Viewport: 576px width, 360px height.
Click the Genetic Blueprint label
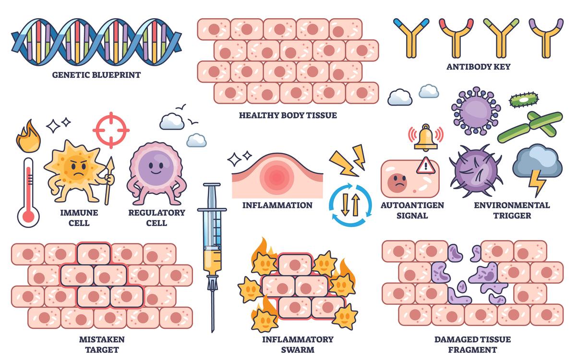[96, 75]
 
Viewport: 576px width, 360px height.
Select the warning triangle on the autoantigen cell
[425, 166]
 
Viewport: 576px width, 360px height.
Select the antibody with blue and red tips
[411, 36]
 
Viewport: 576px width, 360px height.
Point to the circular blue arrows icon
[350, 205]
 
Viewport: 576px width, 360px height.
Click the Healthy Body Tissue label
[288, 115]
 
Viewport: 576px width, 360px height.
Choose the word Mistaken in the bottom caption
[101, 339]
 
